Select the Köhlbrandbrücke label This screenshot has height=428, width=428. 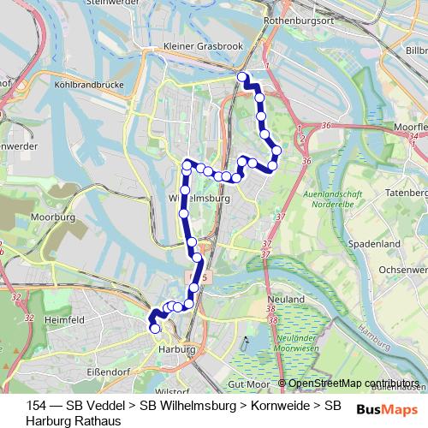click(x=88, y=85)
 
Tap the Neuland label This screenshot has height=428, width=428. click(x=291, y=300)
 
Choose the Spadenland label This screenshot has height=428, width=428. click(x=377, y=244)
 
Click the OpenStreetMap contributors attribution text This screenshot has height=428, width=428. click(x=354, y=383)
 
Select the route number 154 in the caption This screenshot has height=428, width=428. click(x=36, y=405)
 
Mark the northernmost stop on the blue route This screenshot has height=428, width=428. click(x=242, y=78)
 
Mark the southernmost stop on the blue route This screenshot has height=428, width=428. click(x=155, y=328)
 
